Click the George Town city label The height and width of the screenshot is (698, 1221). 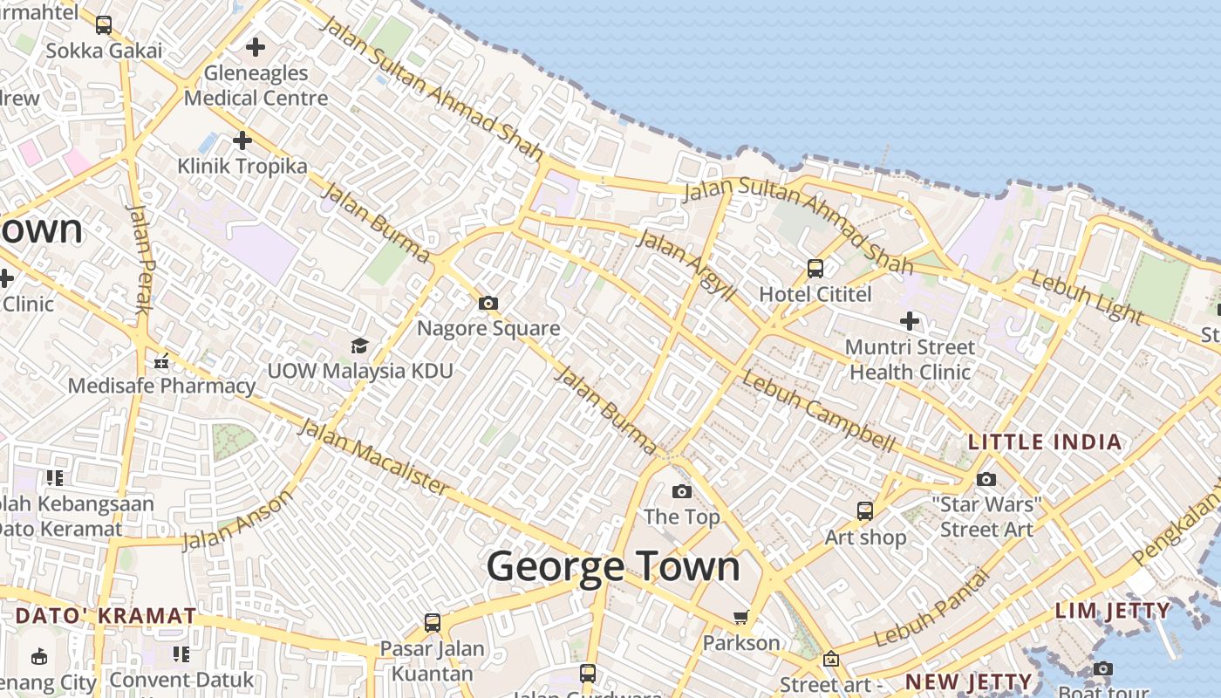tap(613, 567)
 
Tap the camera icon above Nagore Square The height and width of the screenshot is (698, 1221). tap(488, 304)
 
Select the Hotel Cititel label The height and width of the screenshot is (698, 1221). tap(815, 294)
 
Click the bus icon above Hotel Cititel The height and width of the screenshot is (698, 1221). tap(815, 269)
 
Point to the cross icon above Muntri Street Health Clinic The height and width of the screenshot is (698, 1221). tap(910, 321)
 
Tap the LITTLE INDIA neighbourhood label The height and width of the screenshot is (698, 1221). tap(1045, 441)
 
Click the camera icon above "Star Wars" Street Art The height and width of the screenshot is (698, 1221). tap(986, 479)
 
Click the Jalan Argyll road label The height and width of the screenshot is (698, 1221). tap(686, 265)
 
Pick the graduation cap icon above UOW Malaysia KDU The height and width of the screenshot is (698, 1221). tap(358, 346)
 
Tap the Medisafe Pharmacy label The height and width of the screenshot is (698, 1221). tap(161, 385)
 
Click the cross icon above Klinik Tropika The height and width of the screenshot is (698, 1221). tap(242, 140)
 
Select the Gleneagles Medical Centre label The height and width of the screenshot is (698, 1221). tap(256, 86)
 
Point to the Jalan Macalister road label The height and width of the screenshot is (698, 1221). tap(374, 458)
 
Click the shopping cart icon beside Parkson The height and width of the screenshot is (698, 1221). tap(740, 618)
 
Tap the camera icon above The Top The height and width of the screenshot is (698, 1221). tap(682, 492)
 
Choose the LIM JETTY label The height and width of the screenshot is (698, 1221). tap(1112, 611)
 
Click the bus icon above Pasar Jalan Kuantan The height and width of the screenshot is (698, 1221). tap(433, 623)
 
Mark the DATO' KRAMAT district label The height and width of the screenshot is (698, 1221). tap(106, 615)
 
